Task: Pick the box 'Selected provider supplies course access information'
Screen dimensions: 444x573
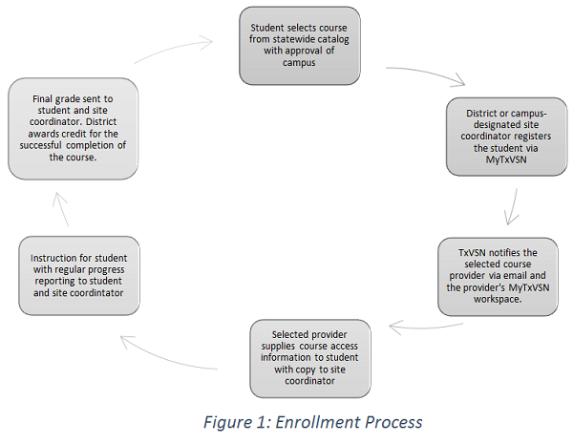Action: [309, 357]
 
